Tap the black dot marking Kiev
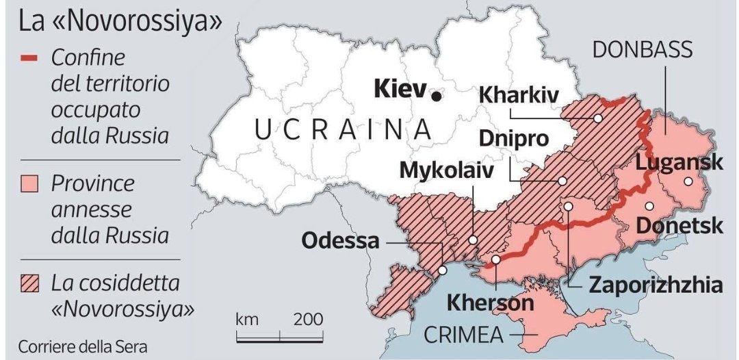tap(436, 97)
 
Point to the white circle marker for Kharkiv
tap(597, 118)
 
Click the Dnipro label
tap(514, 138)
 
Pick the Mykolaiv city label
tap(446, 170)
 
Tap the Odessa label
tap(340, 241)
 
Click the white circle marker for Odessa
tap(443, 270)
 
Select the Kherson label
tap(490, 303)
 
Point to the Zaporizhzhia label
tap(656, 284)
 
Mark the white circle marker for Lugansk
tap(687, 181)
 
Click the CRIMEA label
tap(464, 335)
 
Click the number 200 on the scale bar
tap(309, 320)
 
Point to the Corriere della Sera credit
tap(82, 346)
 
